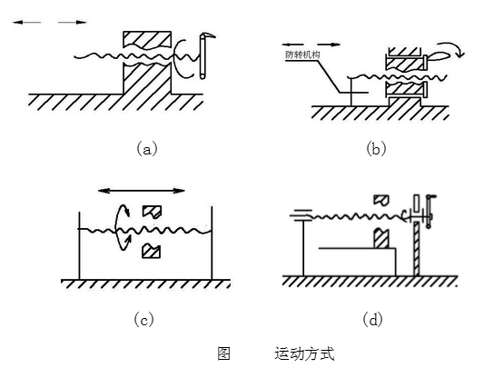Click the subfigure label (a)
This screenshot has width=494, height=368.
pyautogui.click(x=147, y=149)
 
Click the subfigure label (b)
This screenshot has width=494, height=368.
pyautogui.click(x=376, y=148)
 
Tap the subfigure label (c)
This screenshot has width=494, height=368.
pyautogui.click(x=144, y=320)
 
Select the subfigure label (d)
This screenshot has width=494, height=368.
pyautogui.click(x=372, y=320)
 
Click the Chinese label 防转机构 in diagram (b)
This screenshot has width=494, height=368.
pyautogui.click(x=302, y=55)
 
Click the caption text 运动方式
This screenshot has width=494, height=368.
pyautogui.click(x=304, y=353)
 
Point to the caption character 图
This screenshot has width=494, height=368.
pyautogui.click(x=223, y=353)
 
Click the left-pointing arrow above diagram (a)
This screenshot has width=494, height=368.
pyautogui.click(x=26, y=22)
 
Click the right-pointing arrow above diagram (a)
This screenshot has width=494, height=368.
pyautogui.click(x=73, y=22)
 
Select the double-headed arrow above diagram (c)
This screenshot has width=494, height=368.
pyautogui.click(x=142, y=191)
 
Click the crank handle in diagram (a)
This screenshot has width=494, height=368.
pyautogui.click(x=203, y=55)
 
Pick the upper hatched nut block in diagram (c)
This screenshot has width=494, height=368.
pyautogui.click(x=153, y=212)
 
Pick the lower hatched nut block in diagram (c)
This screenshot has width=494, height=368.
pyautogui.click(x=152, y=251)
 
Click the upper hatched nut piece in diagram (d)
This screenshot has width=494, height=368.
pyautogui.click(x=381, y=200)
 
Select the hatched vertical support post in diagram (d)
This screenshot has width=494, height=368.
pyautogui.click(x=417, y=248)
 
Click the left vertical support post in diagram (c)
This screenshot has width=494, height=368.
pyautogui.click(x=79, y=245)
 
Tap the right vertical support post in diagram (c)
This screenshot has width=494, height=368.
pyautogui.click(x=212, y=244)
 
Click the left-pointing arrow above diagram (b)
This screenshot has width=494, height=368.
pyautogui.click(x=293, y=45)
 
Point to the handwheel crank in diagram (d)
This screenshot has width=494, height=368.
pyautogui.click(x=429, y=212)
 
